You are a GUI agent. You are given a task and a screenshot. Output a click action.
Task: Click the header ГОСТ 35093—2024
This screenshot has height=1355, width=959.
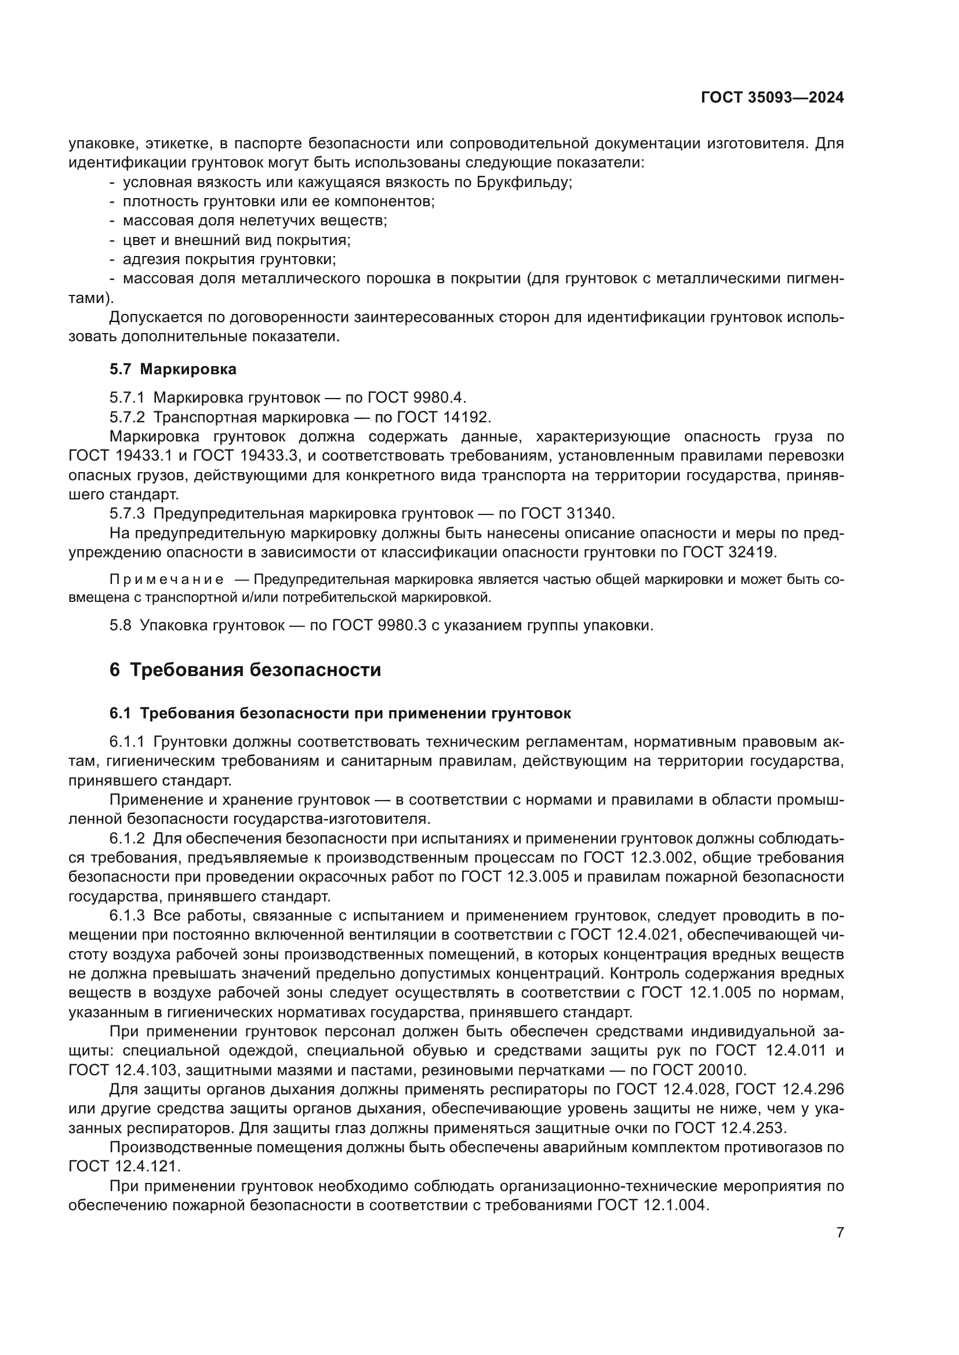coord(772,98)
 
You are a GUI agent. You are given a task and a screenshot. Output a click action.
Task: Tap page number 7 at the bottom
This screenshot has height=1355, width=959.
coord(840,1233)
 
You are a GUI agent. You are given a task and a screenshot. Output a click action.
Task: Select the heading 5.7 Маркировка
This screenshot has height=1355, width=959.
coord(172,370)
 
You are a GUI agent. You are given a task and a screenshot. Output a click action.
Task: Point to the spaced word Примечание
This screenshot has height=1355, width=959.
coord(166,580)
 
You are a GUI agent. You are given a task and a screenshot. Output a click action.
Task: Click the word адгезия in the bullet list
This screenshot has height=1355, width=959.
coord(152,260)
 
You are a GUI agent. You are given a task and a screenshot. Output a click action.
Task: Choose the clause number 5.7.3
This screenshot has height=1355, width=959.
coord(126,513)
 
